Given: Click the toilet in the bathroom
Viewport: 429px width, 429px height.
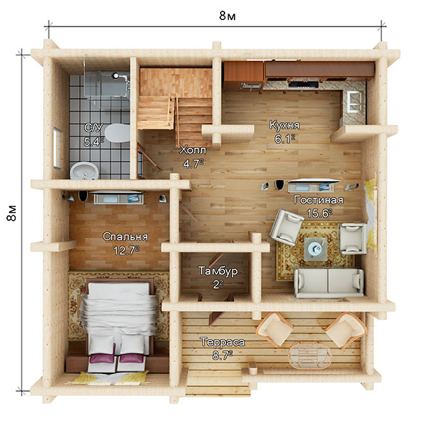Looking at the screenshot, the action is (117, 133).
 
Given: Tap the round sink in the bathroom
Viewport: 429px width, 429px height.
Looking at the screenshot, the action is (84, 171).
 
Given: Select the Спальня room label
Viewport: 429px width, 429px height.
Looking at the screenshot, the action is (125, 237).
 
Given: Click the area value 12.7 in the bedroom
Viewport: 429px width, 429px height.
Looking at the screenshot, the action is (126, 250).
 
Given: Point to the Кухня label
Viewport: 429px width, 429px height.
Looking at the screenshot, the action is (285, 125).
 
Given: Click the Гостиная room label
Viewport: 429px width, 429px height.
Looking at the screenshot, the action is (318, 200).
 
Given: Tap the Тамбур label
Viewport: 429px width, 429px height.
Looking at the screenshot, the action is (218, 271).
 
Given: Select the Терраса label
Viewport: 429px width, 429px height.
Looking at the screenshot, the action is (222, 342).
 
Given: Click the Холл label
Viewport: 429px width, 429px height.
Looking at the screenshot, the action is (193, 150).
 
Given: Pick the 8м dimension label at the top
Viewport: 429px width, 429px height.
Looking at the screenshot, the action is (227, 16).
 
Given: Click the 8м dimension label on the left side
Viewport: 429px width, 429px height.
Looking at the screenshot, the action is (12, 213).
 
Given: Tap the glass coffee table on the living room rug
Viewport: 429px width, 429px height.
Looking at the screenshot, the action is (316, 249).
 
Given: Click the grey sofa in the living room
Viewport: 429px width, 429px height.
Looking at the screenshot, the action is (329, 283).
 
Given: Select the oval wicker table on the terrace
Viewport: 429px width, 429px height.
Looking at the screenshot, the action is (310, 355).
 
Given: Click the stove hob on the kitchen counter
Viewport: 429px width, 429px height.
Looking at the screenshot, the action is (303, 84).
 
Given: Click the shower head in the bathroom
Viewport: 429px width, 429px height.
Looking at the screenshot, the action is (115, 75).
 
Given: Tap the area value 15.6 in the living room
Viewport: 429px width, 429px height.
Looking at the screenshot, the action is (320, 213).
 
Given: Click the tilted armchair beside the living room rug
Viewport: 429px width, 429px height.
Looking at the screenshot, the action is (287, 227).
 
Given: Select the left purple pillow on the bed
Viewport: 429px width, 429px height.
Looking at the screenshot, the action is (102, 358).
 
